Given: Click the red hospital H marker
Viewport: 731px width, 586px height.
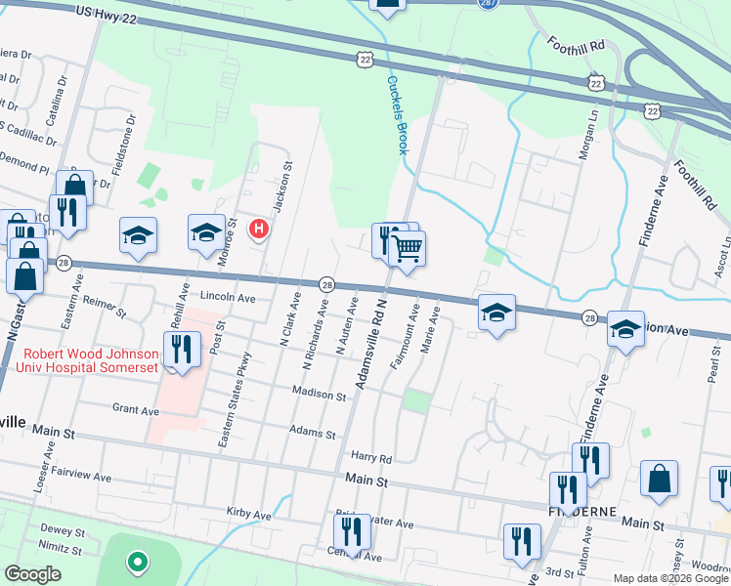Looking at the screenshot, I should [x=259, y=230].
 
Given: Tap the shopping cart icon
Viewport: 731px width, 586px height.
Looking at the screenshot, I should [x=408, y=248].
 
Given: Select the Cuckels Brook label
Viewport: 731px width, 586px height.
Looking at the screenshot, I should [x=396, y=115].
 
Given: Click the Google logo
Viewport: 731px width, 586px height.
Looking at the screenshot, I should [x=32, y=574].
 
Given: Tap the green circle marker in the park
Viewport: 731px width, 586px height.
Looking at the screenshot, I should [x=138, y=562].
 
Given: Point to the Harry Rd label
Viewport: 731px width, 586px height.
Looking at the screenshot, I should [x=371, y=458].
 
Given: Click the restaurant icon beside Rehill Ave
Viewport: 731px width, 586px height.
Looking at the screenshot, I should [x=182, y=348].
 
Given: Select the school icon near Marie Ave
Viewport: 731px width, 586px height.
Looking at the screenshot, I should [x=496, y=313].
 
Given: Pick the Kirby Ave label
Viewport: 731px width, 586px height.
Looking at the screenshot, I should [x=247, y=514].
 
